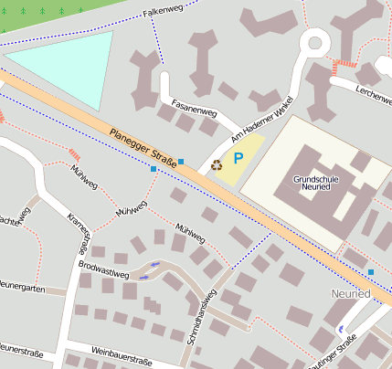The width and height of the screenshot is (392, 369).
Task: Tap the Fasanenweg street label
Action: point(194,112)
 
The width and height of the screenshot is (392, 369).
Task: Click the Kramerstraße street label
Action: point(79,232)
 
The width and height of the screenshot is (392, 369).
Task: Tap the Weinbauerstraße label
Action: point(122,355)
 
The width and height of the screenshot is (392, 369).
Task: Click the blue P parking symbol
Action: point(238,158)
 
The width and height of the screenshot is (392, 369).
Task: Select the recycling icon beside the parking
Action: point(217,165)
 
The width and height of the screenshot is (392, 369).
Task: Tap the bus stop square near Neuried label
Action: point(371,272)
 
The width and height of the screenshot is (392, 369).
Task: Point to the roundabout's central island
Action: point(316,41)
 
